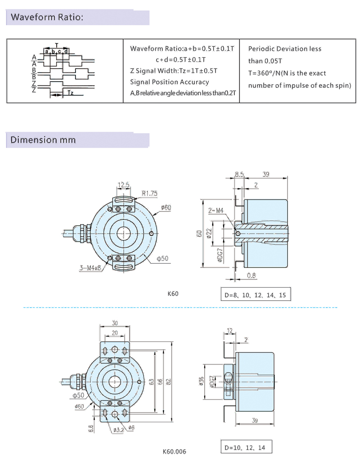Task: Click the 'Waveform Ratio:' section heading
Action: pos(47,18)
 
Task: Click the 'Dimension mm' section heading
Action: pos(43,140)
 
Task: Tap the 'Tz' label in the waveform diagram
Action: pos(70,93)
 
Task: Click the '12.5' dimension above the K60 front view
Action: pos(124,185)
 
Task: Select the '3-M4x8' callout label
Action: pos(90,268)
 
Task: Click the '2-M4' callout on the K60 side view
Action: pos(216,211)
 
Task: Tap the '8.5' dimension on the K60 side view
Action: pos(239,174)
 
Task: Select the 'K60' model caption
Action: pos(173,294)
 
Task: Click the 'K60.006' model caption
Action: pos(174,451)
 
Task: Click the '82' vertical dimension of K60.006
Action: pos(168,381)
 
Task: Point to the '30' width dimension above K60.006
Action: pos(114,323)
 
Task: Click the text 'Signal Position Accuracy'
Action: pos(169,82)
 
